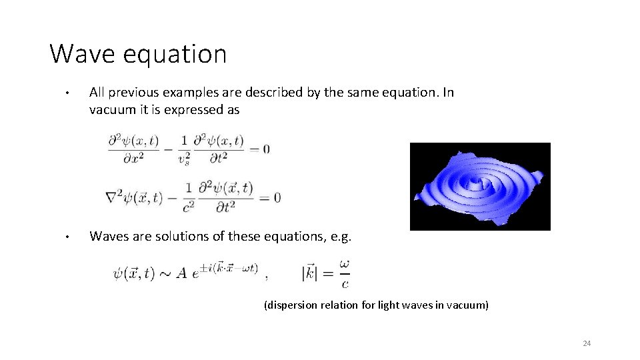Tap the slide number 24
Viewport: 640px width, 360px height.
pyautogui.click(x=587, y=343)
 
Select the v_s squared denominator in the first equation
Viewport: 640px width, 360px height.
pyautogui.click(x=184, y=158)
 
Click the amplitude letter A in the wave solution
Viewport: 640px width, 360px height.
pyautogui.click(x=181, y=274)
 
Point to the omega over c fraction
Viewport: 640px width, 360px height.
pyautogui.click(x=344, y=273)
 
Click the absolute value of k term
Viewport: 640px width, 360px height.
pyautogui.click(x=313, y=273)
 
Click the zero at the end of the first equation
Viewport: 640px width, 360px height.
pyautogui.click(x=266, y=149)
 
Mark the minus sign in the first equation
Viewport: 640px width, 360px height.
pyautogui.click(x=169, y=149)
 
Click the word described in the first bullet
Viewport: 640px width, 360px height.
pyautogui.click(x=271, y=93)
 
